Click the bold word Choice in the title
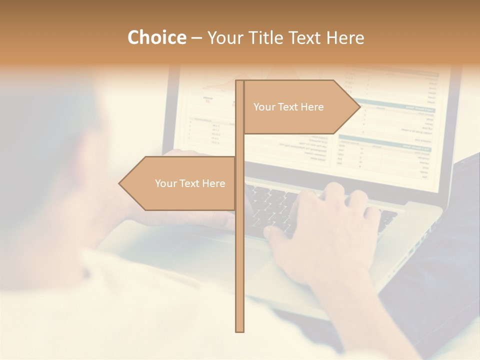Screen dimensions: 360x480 click(156, 37)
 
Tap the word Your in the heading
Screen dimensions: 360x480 click(226, 37)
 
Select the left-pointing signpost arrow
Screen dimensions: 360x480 click(180, 183)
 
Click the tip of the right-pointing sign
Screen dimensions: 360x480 click(358, 106)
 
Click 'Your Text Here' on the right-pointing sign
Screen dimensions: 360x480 click(288, 107)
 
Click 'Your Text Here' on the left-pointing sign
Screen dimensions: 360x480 click(190, 183)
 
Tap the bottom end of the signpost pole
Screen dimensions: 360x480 click(239, 330)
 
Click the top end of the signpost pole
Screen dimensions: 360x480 click(239, 82)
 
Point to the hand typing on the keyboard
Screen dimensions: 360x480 click(325, 225)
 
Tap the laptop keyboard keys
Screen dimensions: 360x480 click(280, 205)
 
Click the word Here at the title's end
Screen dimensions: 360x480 click(345, 37)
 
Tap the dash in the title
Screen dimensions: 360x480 click(196, 38)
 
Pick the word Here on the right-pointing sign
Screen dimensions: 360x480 click(312, 107)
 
